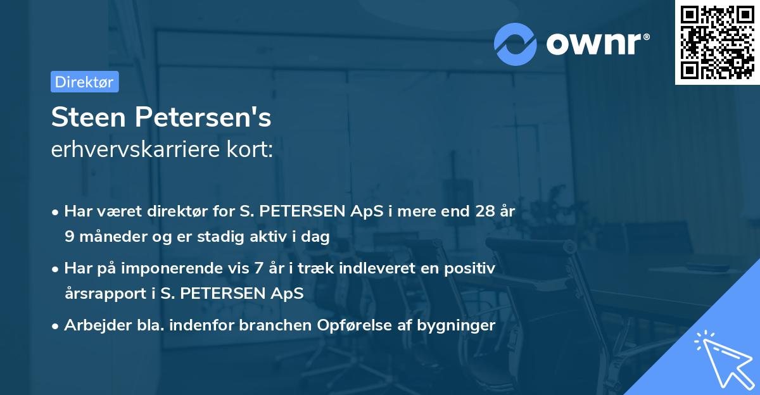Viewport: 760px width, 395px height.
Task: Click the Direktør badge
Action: pos(84,82)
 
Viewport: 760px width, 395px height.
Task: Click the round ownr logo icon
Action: pos(515,43)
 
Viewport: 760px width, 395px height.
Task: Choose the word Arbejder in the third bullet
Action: pos(91,326)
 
